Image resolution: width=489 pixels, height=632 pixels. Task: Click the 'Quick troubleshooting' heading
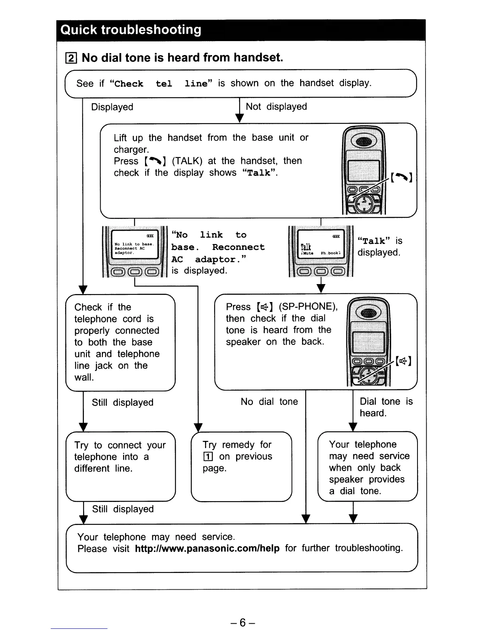point(131,30)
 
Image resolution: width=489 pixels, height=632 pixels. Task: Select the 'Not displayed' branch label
point(276,107)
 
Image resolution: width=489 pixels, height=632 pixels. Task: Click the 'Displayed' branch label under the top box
point(112,107)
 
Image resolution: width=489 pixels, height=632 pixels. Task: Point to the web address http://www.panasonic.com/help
point(207,548)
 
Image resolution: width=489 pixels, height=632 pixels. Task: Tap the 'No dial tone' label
point(269,401)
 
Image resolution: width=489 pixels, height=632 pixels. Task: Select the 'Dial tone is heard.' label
point(386,407)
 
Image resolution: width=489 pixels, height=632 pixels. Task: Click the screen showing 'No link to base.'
point(134,248)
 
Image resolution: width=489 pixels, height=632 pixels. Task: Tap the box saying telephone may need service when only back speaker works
point(367,466)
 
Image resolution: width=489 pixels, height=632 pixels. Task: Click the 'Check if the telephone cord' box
point(120,342)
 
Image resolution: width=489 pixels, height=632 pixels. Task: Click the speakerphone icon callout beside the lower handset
point(403,361)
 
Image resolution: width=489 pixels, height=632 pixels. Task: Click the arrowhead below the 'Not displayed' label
point(239,118)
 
